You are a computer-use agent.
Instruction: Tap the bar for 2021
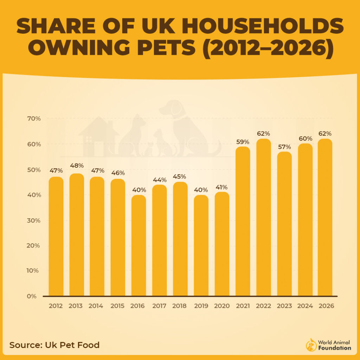coord(243,221)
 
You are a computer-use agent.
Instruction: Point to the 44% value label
coord(160,180)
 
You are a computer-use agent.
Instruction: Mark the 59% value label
coord(243,142)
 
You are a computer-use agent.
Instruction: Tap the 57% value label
coord(284,147)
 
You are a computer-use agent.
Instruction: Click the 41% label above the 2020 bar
coord(222,187)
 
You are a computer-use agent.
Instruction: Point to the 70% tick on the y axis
coord(34,119)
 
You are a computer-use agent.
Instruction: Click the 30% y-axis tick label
coord(34,220)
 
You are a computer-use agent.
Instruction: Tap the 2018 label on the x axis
coord(179,306)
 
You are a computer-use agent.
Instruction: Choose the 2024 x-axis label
coord(305,306)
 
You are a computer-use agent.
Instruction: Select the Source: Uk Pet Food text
coord(54,345)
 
